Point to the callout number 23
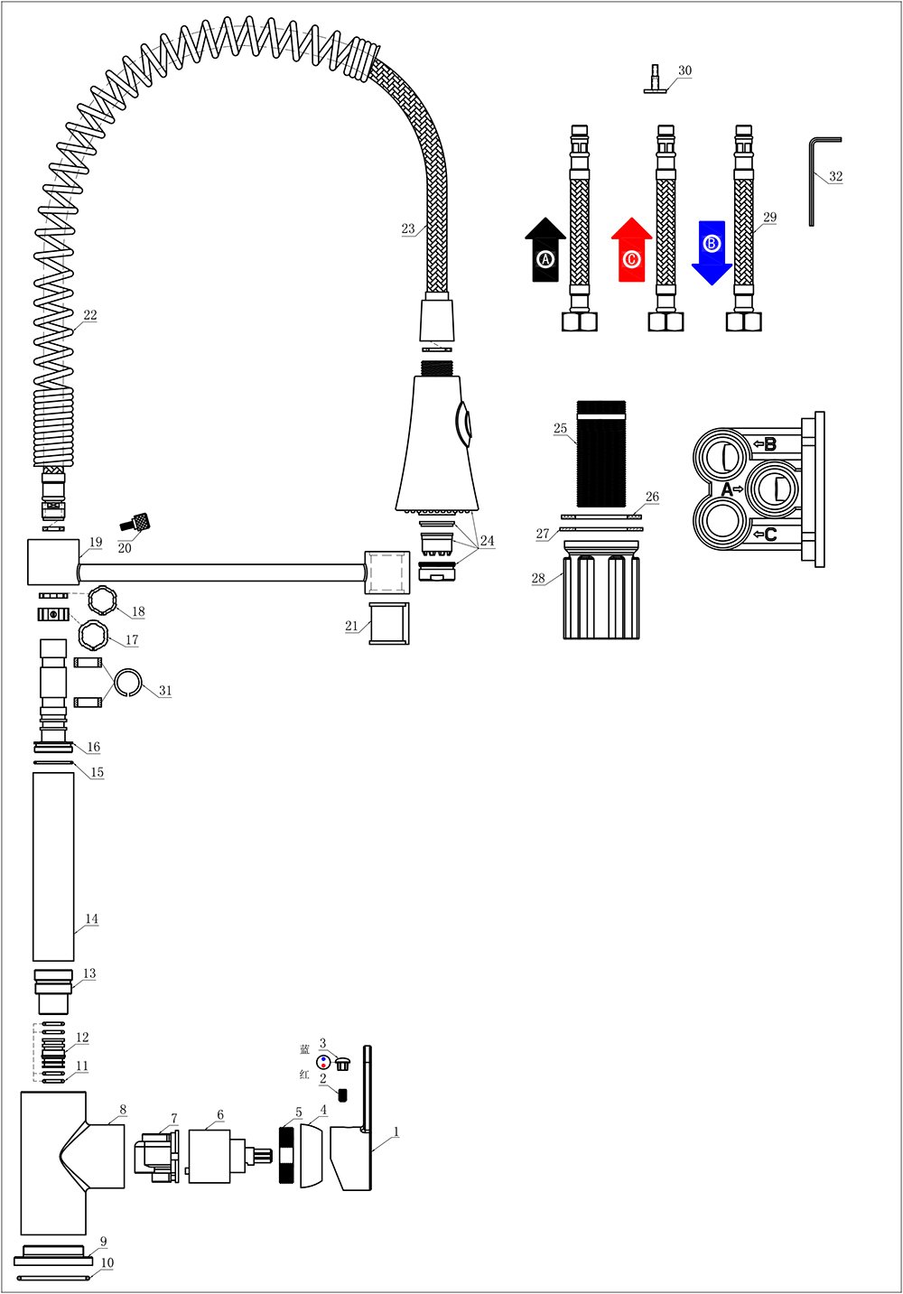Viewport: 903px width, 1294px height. click(x=408, y=229)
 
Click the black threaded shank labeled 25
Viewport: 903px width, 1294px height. click(x=600, y=453)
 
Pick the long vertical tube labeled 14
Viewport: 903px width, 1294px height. click(x=53, y=865)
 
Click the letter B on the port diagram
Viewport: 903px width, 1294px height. click(x=769, y=444)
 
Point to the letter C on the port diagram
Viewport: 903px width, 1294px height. click(x=769, y=535)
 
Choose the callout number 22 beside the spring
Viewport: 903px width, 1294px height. click(x=90, y=315)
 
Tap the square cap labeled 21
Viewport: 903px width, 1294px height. click(x=388, y=623)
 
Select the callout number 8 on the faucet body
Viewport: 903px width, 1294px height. click(x=123, y=1110)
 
